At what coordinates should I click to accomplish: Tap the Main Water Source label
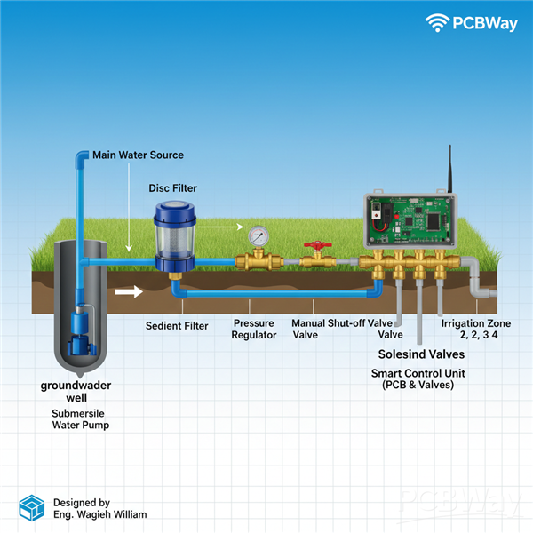(x=138, y=155)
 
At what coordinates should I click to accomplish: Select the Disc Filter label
(x=172, y=188)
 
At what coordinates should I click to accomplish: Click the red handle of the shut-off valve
(x=314, y=243)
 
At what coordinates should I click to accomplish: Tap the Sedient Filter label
(x=177, y=326)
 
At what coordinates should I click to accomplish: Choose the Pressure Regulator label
(x=253, y=330)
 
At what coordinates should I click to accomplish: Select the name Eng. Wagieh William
(x=99, y=514)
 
